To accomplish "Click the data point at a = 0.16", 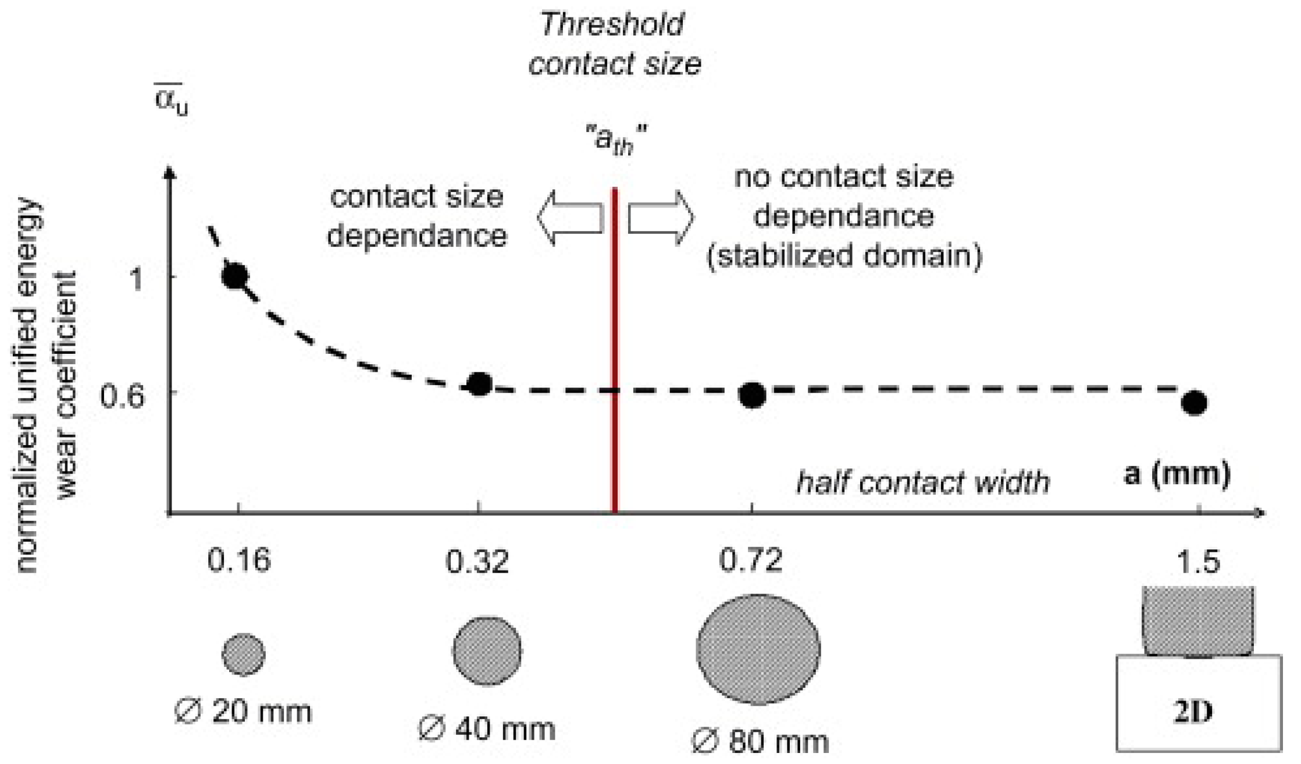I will click(235, 276).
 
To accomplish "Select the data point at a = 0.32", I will click(480, 384).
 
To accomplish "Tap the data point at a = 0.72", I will click(752, 396).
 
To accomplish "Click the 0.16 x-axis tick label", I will click(238, 562).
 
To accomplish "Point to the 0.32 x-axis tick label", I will click(477, 562).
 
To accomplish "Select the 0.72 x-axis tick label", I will click(750, 560).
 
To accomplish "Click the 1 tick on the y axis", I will click(137, 278).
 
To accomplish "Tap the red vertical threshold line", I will click(615, 349).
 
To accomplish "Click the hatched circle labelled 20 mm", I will click(243, 655).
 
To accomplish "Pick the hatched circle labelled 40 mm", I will click(487, 651).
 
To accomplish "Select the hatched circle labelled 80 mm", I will click(758, 649).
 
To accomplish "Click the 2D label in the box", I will click(1193, 712).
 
